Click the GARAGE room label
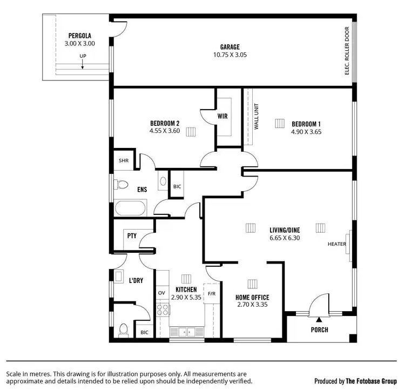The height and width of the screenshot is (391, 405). pyautogui.click(x=230, y=47)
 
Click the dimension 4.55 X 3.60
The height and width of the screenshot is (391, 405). pyautogui.click(x=165, y=131)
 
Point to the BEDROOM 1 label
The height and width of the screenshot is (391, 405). pyautogui.click(x=306, y=123)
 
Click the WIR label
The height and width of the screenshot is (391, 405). pyautogui.click(x=222, y=116)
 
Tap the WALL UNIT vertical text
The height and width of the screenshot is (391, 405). pyautogui.click(x=255, y=116)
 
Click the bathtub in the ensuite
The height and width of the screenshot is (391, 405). pyautogui.click(x=130, y=208)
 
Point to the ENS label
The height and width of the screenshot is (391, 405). pyautogui.click(x=142, y=190)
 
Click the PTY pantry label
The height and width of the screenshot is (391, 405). pyautogui.click(x=131, y=236)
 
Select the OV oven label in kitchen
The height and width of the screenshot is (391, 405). pyautogui.click(x=161, y=293)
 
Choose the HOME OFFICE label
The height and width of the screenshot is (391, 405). pyautogui.click(x=252, y=297)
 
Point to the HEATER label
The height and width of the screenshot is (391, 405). pyautogui.click(x=336, y=244)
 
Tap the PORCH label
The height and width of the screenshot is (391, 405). pyautogui.click(x=319, y=329)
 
